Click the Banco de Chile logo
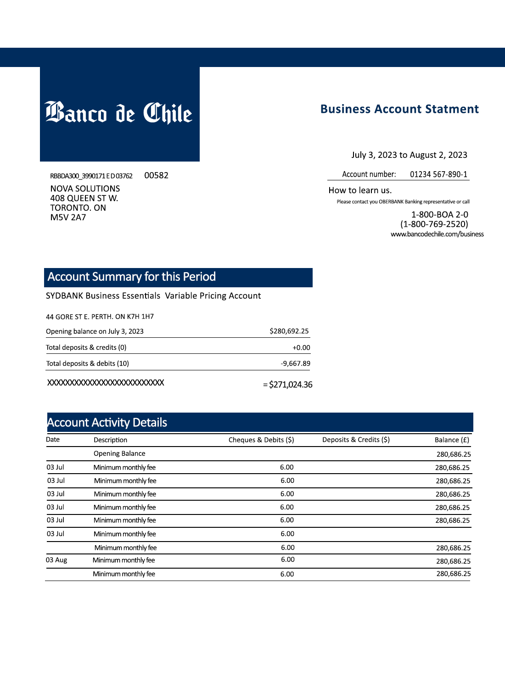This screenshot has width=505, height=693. click(119, 113)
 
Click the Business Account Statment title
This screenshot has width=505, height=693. click(399, 109)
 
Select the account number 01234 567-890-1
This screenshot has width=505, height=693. click(438, 174)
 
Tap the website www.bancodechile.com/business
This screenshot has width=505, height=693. click(437, 234)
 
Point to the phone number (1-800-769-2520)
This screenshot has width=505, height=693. click(434, 224)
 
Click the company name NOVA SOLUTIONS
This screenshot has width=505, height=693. click(85, 189)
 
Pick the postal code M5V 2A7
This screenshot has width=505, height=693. click(68, 218)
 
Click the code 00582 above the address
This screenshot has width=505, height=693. click(156, 175)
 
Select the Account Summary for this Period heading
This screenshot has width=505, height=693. click(132, 277)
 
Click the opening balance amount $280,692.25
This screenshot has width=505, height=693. click(289, 331)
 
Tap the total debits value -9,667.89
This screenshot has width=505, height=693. click(295, 363)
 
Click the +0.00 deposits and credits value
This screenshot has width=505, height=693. click(301, 347)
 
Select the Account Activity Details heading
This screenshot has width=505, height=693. click(107, 422)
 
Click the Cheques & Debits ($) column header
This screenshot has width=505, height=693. click(261, 440)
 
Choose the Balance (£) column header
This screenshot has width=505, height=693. click(452, 440)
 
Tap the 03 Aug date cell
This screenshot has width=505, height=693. click(56, 560)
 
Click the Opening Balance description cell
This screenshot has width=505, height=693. click(119, 453)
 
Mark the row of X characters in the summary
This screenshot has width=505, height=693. click(106, 383)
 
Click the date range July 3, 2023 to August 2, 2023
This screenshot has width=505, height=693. click(409, 155)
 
